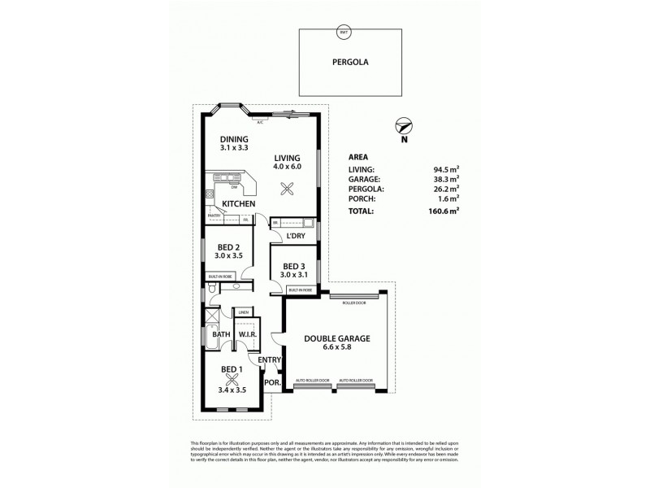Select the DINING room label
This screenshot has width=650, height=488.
point(232,139)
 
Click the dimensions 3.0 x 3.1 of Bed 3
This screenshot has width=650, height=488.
point(293,276)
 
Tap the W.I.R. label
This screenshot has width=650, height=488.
point(248,333)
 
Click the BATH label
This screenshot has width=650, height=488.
point(221,334)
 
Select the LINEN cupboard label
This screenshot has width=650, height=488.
point(243,312)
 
